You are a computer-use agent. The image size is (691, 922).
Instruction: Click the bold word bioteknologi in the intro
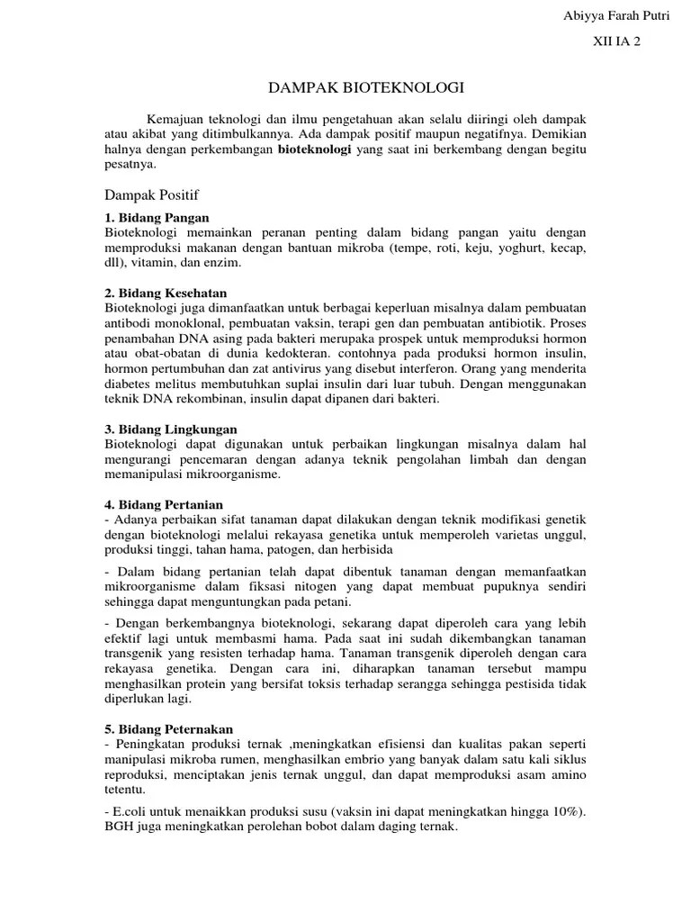tap(315, 149)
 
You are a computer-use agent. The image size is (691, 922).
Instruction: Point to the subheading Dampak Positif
tap(152, 194)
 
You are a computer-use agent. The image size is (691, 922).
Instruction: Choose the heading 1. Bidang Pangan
tap(157, 218)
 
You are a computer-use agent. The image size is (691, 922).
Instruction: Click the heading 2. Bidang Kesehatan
tap(166, 294)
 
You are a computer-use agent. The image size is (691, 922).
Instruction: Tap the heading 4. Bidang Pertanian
tap(164, 505)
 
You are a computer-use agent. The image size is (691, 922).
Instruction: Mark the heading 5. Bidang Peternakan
tap(169, 728)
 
